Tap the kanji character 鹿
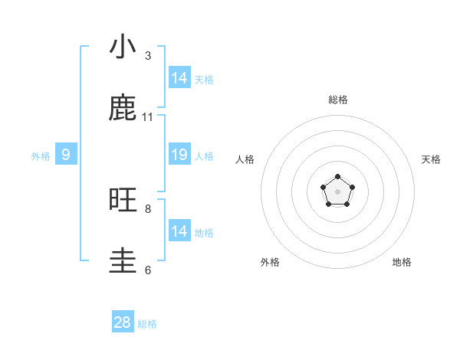[123, 108]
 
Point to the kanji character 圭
[123, 261]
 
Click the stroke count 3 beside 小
[148, 56]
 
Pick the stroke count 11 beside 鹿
[148, 117]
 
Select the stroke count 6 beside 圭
[148, 270]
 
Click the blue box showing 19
[179, 155]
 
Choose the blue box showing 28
[123, 322]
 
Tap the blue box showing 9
[66, 155]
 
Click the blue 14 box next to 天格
[179, 78]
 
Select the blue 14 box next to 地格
[179, 231]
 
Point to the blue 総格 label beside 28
[147, 324]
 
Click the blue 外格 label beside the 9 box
[41, 156]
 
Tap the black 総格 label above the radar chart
[338, 100]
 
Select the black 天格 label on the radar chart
[432, 159]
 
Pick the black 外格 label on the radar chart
[270, 262]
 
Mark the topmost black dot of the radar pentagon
[338, 177]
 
